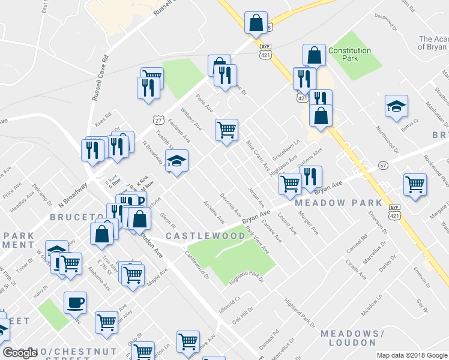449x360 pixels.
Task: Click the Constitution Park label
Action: pyautogui.click(x=351, y=55)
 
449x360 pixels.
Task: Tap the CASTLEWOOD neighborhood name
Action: pyautogui.click(x=205, y=236)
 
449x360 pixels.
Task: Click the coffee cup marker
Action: pyautogui.click(x=75, y=303)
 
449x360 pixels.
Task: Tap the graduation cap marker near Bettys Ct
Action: pyautogui.click(x=396, y=107)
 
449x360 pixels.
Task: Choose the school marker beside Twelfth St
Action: pyautogui.click(x=176, y=161)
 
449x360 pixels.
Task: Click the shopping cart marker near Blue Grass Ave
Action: pyautogui.click(x=226, y=130)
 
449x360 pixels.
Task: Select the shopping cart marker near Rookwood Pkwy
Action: pyautogui.click(x=415, y=185)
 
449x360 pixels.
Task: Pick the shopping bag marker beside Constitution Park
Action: pyautogui.click(x=314, y=56)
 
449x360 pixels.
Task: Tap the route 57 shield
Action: pyautogui.click(x=382, y=165)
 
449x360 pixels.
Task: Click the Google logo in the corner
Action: pyautogui.click(x=20, y=353)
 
